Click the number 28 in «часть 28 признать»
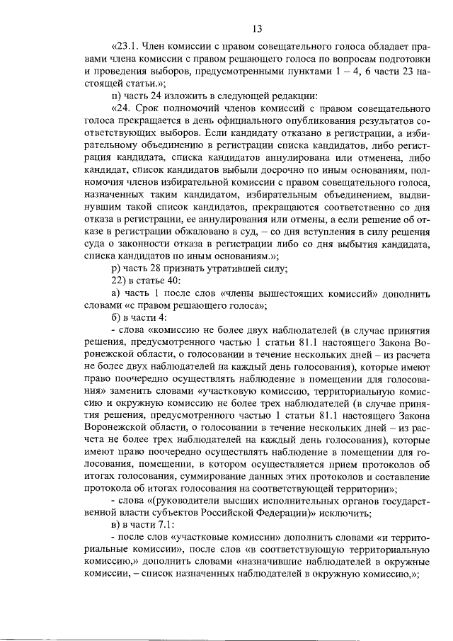click(x=161, y=267)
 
